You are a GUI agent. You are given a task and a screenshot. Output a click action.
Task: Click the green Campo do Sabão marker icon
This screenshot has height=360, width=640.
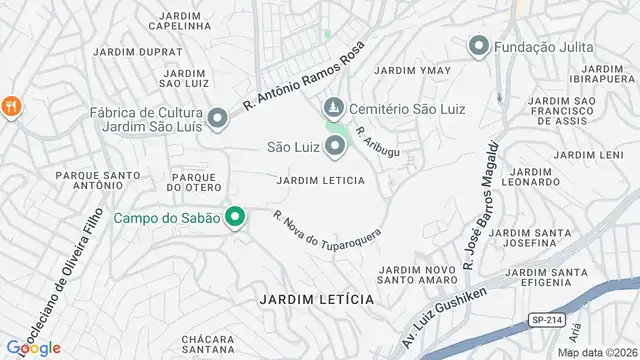point(236,217)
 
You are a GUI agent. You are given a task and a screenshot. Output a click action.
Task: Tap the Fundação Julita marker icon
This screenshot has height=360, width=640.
point(480,46)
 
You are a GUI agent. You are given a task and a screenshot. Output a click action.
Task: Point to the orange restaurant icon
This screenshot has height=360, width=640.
point(11,106)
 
